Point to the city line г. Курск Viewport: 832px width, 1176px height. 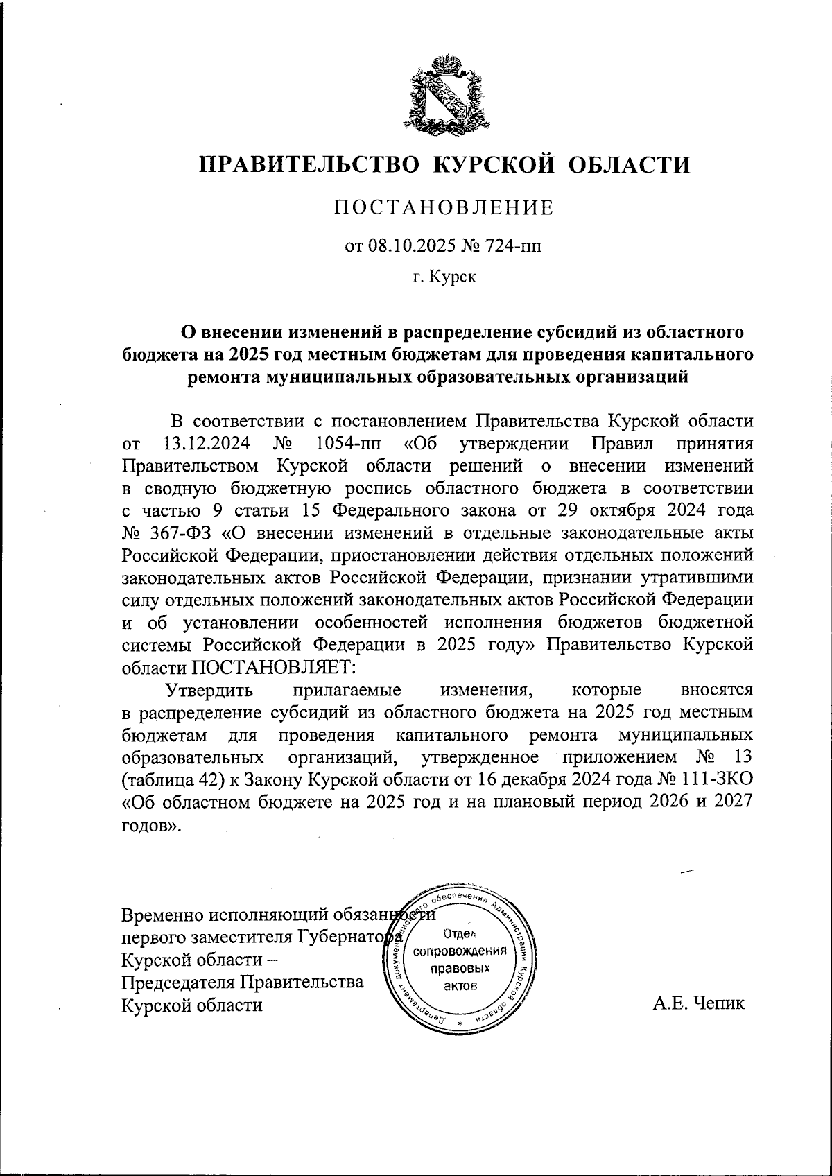(x=444, y=278)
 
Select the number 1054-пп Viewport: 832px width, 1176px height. (x=344, y=442)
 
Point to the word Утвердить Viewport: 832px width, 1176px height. (x=209, y=691)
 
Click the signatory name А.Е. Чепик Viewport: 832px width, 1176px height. (x=698, y=1003)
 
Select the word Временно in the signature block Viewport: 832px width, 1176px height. (x=158, y=915)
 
